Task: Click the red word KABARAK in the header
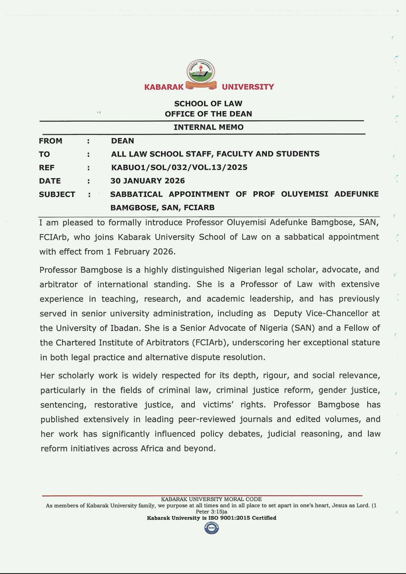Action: [164, 87]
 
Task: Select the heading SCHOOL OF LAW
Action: [208, 104]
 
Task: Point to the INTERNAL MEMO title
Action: [208, 127]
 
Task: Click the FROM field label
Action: [51, 141]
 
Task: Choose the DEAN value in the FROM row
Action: [122, 141]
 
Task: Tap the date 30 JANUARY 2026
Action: [147, 181]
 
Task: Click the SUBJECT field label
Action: [57, 194]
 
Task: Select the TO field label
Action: [44, 154]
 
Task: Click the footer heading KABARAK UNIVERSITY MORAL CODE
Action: [211, 499]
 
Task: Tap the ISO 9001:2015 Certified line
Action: [211, 518]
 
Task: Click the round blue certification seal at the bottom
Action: [211, 528]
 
